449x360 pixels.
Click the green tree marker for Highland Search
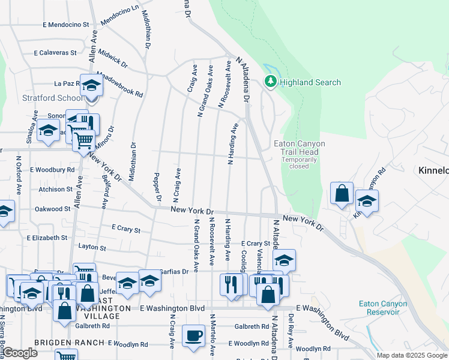pos(271,82)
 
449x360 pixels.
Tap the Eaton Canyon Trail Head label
pos(299,148)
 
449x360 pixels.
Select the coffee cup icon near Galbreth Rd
pos(193,337)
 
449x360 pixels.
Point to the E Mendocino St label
pos(66,25)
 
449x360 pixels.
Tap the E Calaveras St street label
pos(55,53)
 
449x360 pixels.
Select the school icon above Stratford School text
pos(92,85)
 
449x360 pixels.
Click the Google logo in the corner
pos(20,353)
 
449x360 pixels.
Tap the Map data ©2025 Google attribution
pos(411,355)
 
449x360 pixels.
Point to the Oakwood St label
pos(53,209)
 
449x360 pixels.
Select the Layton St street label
pos(92,247)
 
